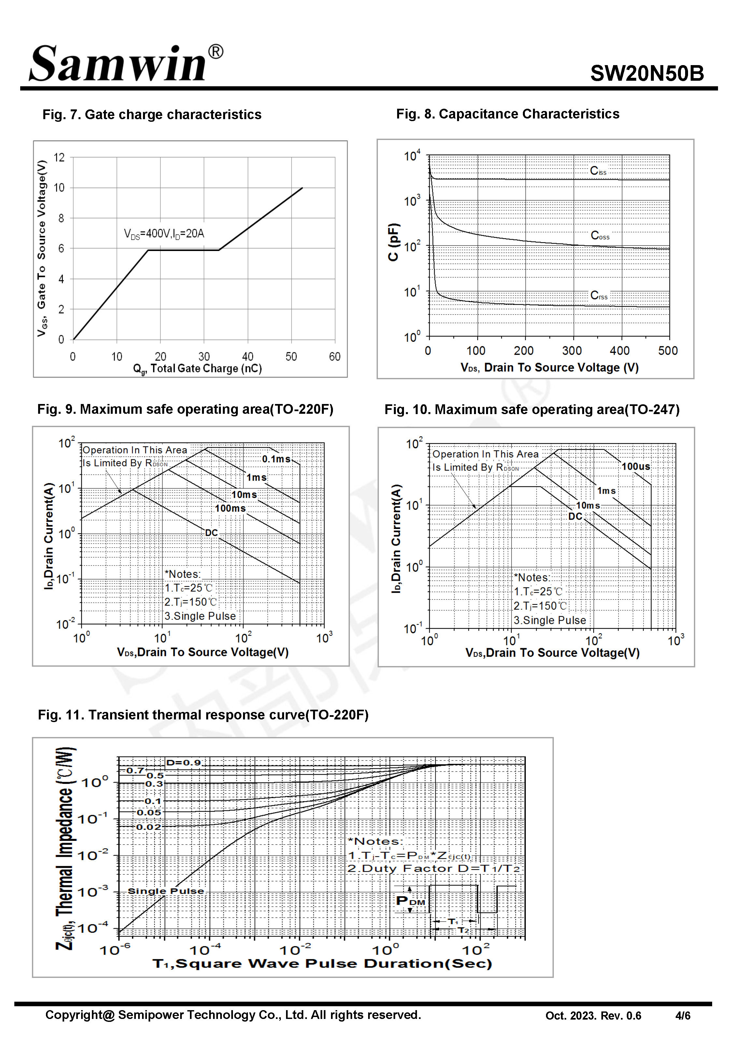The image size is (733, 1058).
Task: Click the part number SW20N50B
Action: point(646,73)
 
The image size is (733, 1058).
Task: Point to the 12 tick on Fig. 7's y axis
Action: point(59,157)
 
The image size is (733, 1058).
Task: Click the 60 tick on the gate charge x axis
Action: point(334,356)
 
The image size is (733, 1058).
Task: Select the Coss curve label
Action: point(600,236)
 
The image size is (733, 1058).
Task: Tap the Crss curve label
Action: point(599,296)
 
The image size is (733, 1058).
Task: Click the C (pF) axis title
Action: point(394,242)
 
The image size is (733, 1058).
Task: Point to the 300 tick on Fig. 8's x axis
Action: point(572,351)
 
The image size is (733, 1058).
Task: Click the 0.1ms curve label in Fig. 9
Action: point(276,459)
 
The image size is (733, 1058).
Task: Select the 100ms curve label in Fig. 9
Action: point(230,508)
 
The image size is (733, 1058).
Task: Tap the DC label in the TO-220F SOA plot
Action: point(211,533)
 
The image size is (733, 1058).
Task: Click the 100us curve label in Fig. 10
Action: point(636,466)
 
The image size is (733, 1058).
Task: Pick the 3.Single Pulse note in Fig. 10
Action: point(550,620)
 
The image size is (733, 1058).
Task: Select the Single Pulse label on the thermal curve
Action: point(166,891)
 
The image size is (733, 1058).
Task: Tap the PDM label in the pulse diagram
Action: point(410,901)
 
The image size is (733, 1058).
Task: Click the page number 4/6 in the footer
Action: point(683,1016)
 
